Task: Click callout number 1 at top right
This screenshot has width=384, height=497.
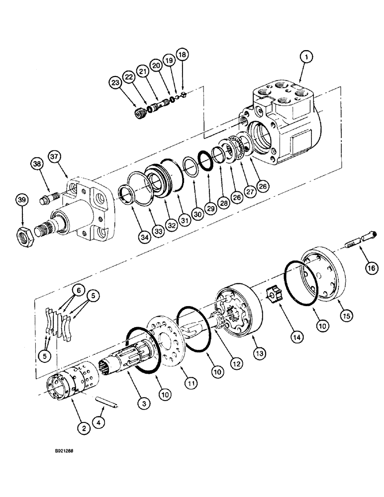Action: point(307,58)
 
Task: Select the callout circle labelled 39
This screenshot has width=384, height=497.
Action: point(21,200)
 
